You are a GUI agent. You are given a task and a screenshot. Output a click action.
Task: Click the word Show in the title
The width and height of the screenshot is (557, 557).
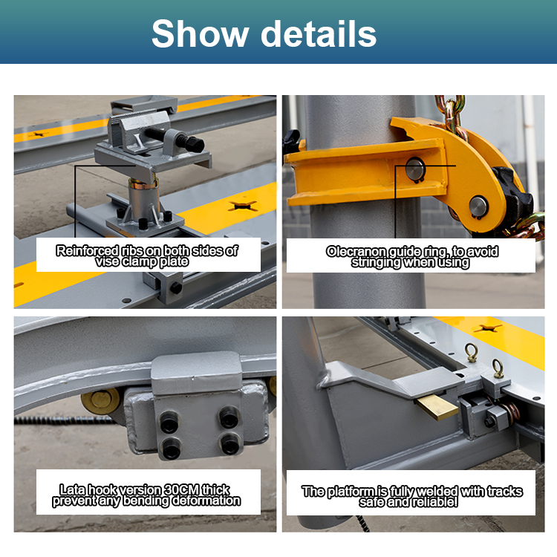pos(200,33)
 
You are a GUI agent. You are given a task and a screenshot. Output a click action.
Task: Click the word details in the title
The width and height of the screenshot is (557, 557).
pos(319,33)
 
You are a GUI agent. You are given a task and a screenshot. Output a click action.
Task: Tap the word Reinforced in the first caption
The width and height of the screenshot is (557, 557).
pos(88,251)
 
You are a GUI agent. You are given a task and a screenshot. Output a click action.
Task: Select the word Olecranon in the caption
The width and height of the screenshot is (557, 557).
pos(356,252)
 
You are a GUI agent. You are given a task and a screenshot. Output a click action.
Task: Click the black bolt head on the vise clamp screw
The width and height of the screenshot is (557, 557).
pos(195,144)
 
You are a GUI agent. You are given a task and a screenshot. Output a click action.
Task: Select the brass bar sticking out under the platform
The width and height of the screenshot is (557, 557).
pos(437,408)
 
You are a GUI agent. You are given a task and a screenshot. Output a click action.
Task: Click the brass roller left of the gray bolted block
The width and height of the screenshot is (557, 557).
pos(100,401)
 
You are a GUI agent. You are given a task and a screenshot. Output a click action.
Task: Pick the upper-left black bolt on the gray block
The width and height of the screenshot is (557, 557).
pos(170,421)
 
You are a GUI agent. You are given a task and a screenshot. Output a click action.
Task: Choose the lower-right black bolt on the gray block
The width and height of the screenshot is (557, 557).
pos(230,444)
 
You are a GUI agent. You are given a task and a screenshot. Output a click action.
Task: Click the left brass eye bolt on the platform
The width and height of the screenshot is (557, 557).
pos(471,352)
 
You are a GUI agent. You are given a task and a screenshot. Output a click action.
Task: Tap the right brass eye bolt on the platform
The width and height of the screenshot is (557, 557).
pos(498,368)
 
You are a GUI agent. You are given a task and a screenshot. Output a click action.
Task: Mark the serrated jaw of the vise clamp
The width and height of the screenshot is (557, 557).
pos(133,115)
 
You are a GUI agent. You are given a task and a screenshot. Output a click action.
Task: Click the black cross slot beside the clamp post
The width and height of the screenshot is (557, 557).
pos(243,206)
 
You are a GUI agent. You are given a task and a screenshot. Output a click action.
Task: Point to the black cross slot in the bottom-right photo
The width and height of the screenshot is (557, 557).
pos(487,328)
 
